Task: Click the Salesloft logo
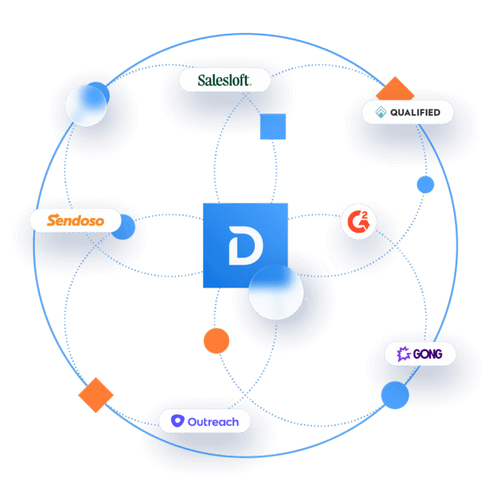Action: [224, 81]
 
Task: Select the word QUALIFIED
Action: [415, 113]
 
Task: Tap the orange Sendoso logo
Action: [75, 221]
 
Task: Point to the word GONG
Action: [427, 354]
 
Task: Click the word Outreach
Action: [213, 421]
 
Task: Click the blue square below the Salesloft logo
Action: [272, 127]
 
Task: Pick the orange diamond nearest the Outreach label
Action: [95, 394]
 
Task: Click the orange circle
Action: [216, 340]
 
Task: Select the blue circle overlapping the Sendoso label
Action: [123, 227]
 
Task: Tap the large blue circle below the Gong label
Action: [394, 395]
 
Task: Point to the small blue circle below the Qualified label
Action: [425, 185]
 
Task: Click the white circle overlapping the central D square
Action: [276, 292]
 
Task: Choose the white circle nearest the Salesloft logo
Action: [86, 105]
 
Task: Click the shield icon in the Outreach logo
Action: [178, 421]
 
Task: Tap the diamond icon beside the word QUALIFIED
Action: [381, 113]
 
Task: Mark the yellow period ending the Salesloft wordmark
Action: [251, 84]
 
